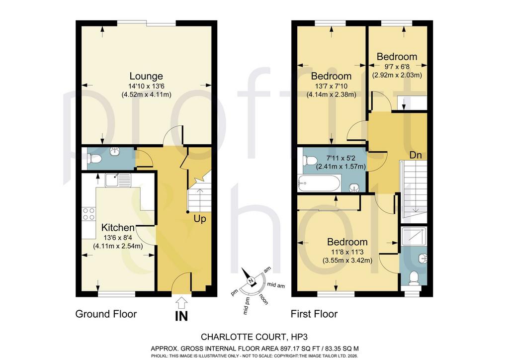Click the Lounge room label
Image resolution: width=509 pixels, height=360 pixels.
click(146, 76)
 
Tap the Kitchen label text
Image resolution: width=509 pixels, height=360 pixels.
click(118, 228)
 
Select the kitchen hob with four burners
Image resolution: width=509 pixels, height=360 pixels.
click(88, 214)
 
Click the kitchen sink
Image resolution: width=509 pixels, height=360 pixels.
click(118, 180)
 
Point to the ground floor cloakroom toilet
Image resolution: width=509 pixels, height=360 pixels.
click(94, 159)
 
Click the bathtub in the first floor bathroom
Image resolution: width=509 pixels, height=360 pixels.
click(319, 183)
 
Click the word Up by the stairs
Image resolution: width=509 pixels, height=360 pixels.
click(200, 219)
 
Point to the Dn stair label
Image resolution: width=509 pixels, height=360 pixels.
click(416, 155)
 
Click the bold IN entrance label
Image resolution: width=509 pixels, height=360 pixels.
click(181, 316)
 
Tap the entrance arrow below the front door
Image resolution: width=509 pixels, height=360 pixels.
click(181, 302)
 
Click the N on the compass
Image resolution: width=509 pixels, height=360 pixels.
click(251, 281)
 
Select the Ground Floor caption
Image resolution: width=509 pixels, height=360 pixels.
click(106, 314)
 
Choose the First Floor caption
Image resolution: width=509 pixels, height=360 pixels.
click(314, 314)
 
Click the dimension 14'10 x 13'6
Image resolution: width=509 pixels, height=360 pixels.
click(146, 87)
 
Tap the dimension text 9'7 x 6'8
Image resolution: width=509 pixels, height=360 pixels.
click(397, 67)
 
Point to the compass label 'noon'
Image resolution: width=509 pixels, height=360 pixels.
click(263, 299)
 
